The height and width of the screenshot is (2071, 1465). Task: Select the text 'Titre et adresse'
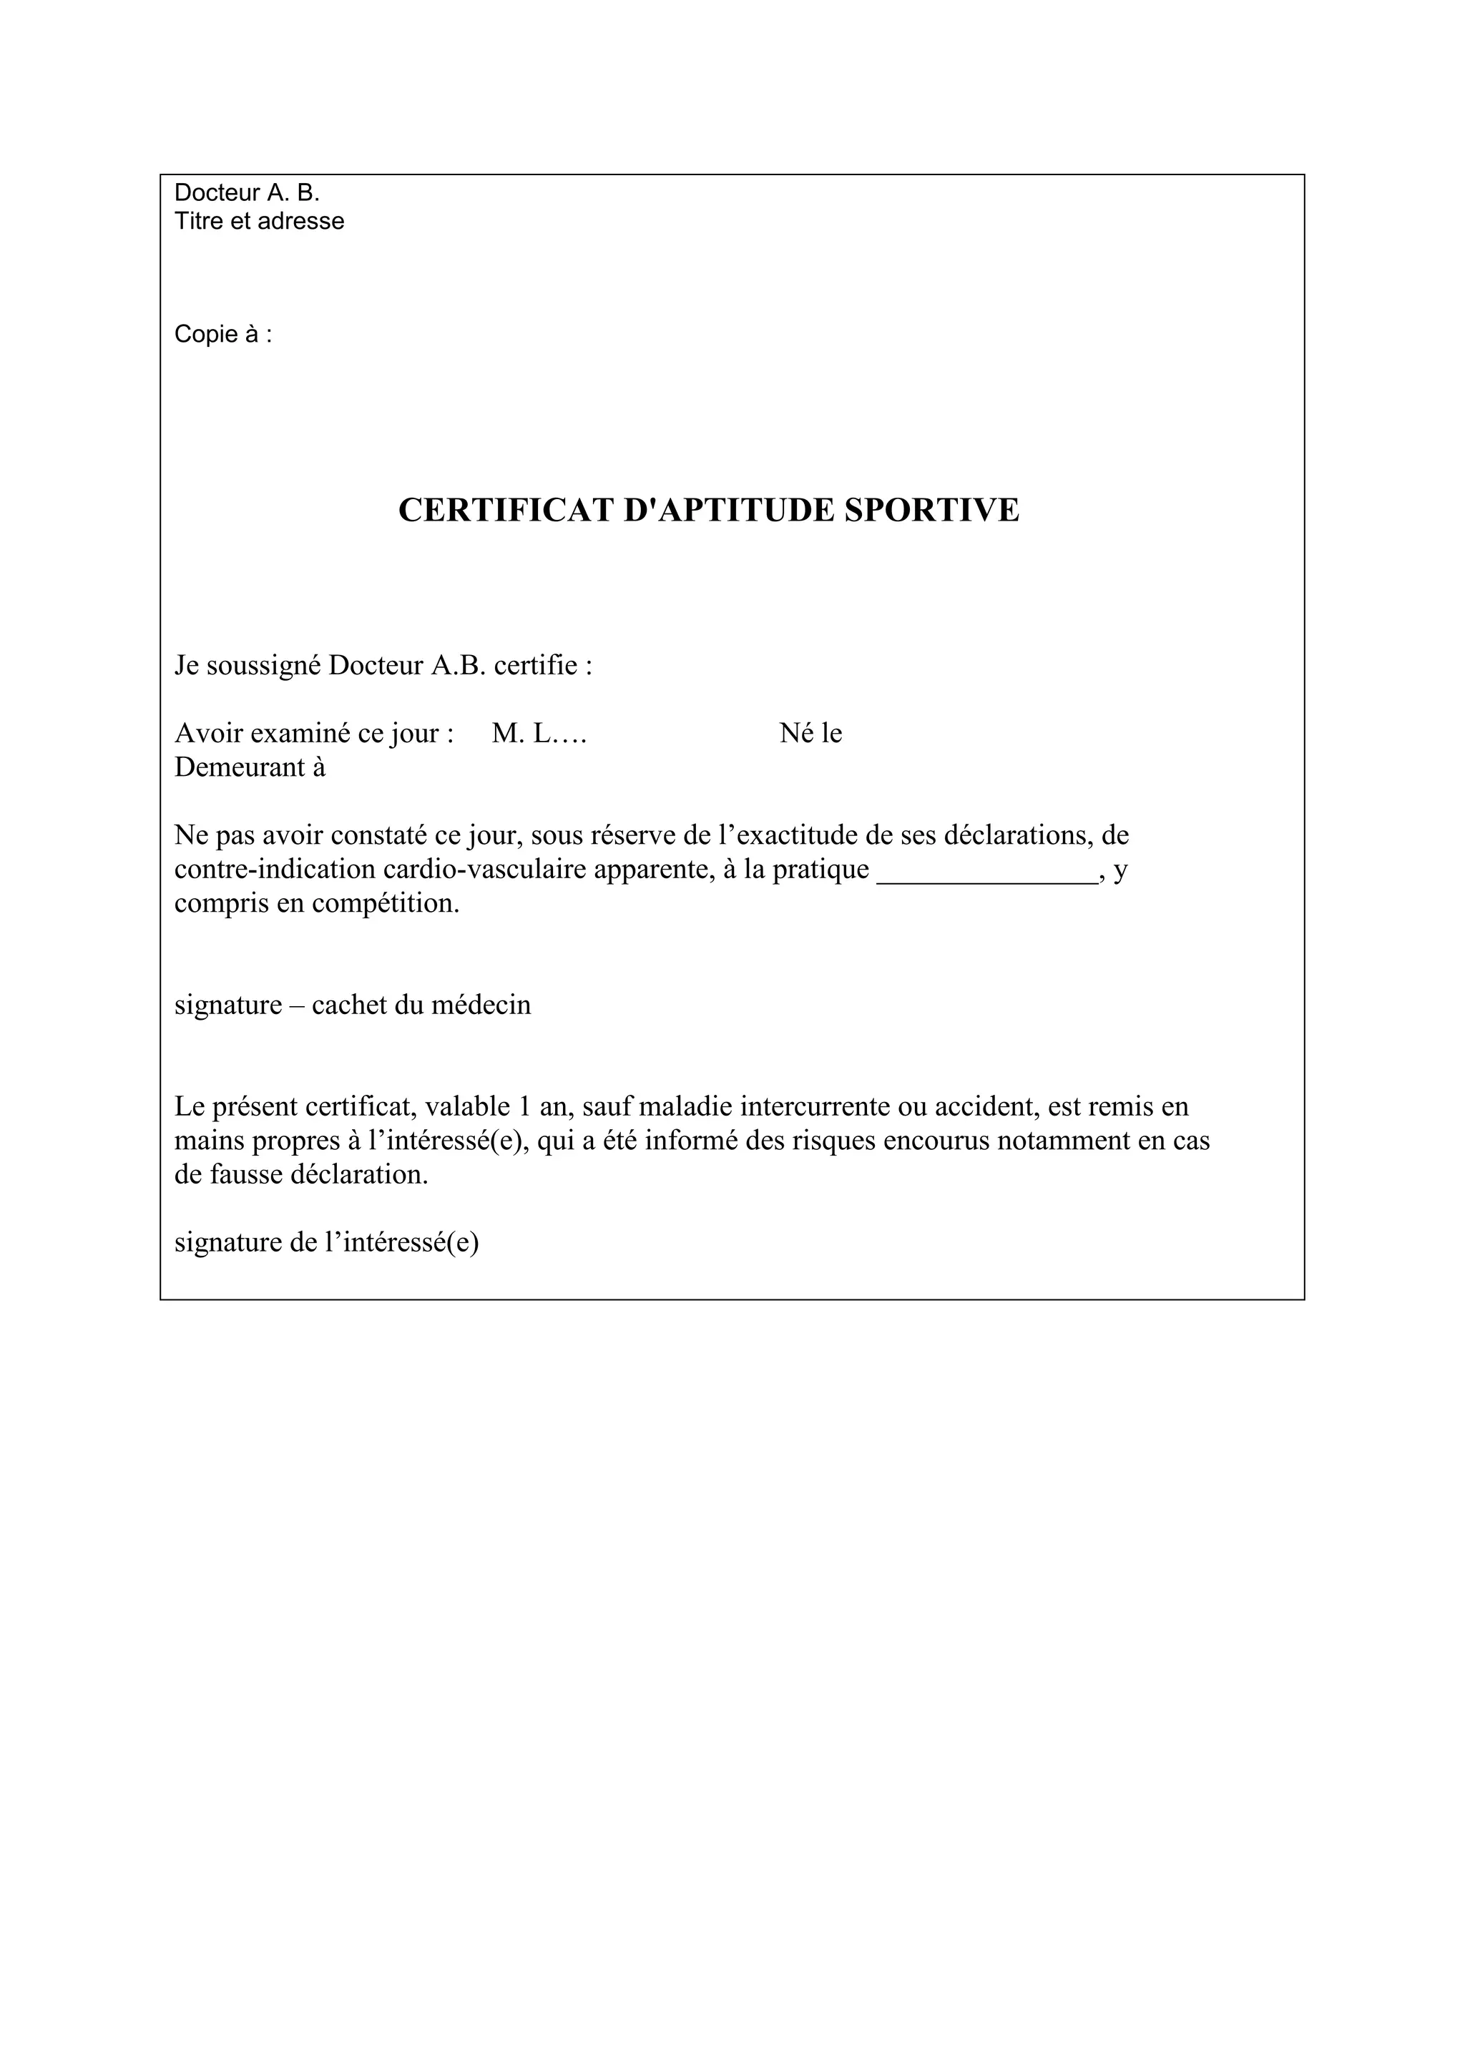point(259,221)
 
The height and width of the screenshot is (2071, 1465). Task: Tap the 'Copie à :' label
point(222,335)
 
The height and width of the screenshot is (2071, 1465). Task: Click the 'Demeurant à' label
point(250,767)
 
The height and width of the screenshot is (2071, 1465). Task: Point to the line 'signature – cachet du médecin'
point(353,1005)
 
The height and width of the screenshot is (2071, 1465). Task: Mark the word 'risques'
point(833,1141)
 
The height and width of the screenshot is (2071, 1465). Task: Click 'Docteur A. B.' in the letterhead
point(246,193)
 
